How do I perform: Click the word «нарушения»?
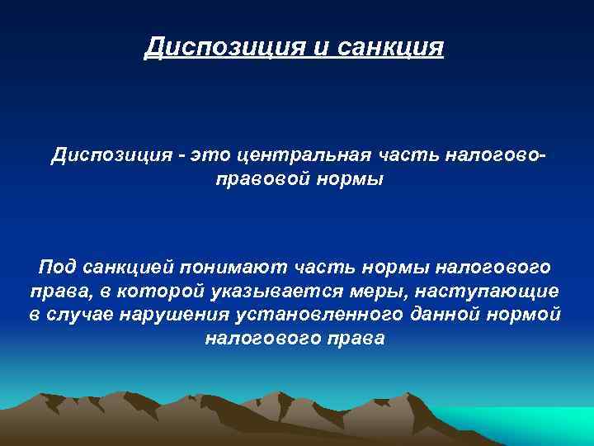pyautogui.click(x=175, y=315)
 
